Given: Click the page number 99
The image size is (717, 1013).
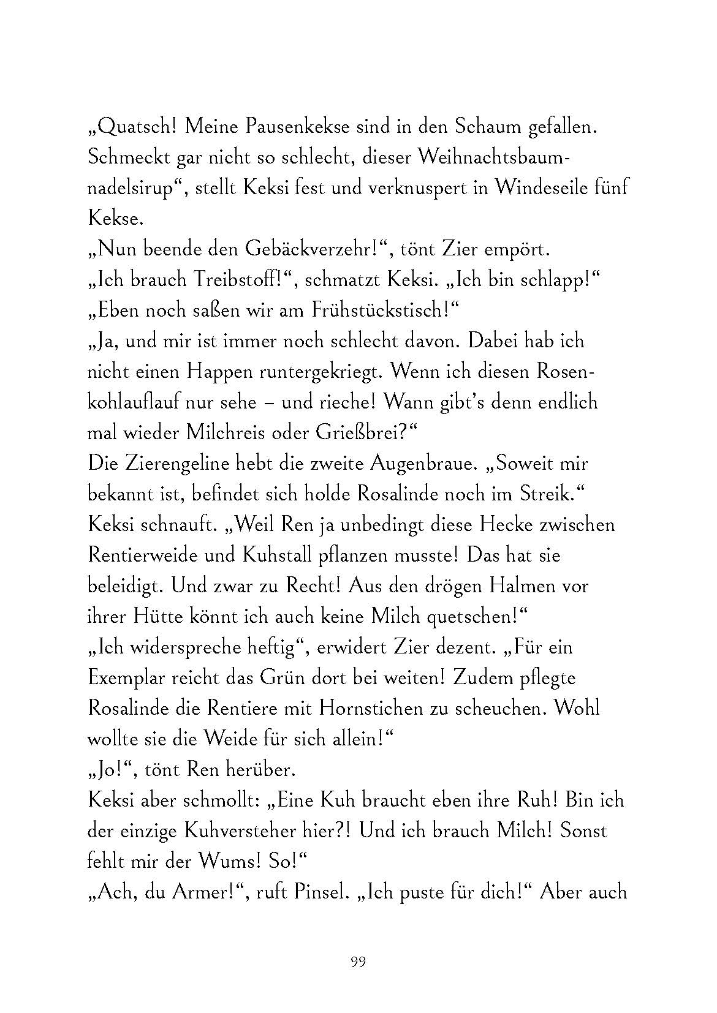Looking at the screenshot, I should (x=358, y=962).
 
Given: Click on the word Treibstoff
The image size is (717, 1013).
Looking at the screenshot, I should (x=232, y=280).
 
